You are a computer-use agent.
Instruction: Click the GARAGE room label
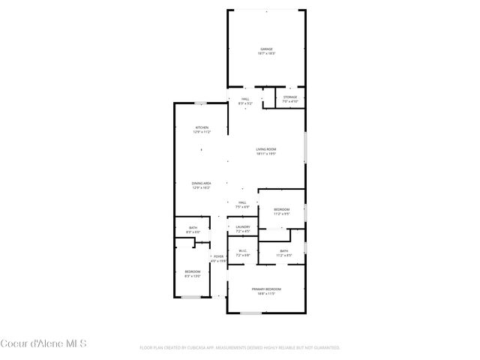[267, 49]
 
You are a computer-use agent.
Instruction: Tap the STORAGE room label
[289, 97]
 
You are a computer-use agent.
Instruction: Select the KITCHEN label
[202, 127]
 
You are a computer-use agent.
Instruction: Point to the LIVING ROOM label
[265, 149]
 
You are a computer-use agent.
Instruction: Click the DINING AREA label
[201, 183]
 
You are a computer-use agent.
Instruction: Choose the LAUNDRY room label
[242, 226]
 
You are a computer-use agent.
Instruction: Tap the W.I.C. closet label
[242, 251]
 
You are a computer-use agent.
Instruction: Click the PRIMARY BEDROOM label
[266, 289]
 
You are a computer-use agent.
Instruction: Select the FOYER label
[218, 256]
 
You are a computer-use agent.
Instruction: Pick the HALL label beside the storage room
[244, 99]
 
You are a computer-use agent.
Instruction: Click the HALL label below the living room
[242, 202]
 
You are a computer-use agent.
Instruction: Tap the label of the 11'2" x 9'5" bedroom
[281, 209]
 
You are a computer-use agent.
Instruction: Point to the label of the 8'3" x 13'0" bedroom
[193, 271]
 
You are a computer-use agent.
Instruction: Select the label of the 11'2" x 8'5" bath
[283, 251]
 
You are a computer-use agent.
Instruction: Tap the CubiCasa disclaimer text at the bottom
[240, 347]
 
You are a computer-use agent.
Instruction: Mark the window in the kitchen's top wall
[201, 103]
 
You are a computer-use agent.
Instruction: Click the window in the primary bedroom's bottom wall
[250, 312]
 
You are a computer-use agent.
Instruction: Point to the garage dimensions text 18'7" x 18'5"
[267, 54]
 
